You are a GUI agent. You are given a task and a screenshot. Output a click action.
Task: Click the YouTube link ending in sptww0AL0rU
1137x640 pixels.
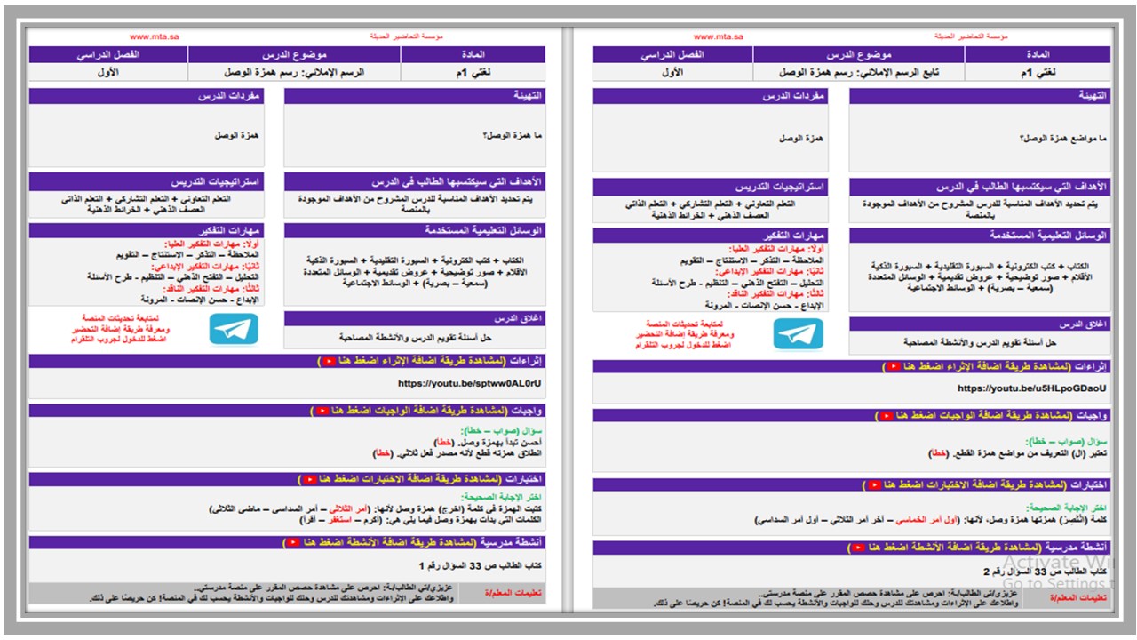[x=470, y=384]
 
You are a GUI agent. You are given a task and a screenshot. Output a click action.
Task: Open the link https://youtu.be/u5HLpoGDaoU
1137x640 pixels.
[x=1032, y=388]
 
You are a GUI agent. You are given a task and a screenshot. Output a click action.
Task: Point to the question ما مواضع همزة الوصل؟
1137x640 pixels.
[x=1062, y=139]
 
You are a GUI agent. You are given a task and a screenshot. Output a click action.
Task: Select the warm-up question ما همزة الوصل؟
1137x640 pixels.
[x=513, y=135]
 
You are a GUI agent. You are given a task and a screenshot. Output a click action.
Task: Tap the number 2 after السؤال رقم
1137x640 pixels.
[x=986, y=572]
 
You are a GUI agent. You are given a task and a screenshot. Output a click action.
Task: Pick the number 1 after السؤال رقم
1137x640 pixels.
[x=421, y=565]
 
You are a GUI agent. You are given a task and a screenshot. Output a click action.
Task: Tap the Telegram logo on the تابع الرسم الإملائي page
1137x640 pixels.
[x=798, y=333]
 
